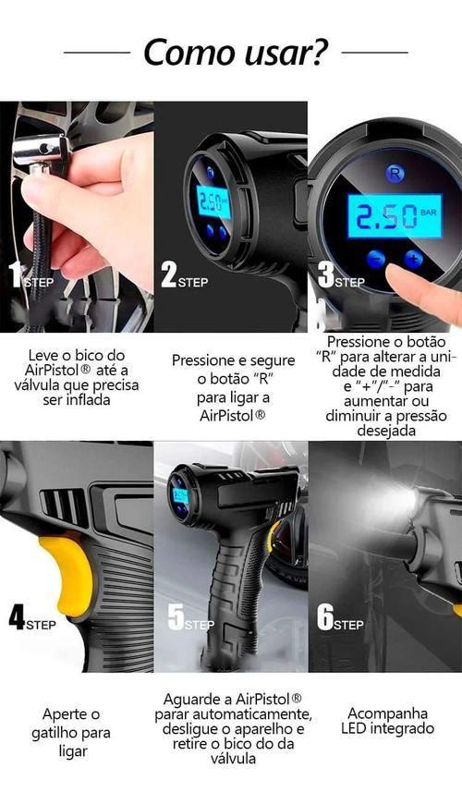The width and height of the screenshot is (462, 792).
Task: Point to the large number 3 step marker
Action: (323, 275)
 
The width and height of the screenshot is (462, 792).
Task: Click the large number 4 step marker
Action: (17, 617)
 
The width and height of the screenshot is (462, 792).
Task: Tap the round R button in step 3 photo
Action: (395, 173)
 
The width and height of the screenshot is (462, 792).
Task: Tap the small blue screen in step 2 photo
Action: (213, 201)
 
